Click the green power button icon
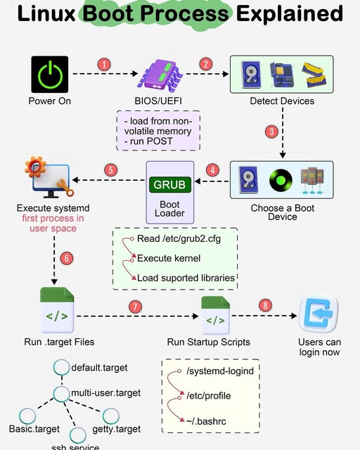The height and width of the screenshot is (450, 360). [50, 75]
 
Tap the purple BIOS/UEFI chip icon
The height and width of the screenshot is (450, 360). [160, 76]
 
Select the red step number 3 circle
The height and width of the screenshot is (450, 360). [271, 131]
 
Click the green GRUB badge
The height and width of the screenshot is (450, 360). [170, 185]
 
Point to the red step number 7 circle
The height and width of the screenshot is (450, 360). [135, 307]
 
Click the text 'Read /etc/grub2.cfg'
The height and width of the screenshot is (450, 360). [179, 239]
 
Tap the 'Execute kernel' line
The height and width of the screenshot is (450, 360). [169, 258]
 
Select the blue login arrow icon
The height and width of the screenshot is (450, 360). [319, 314]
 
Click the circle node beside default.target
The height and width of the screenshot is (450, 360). [61, 367]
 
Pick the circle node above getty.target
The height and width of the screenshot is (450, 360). [111, 416]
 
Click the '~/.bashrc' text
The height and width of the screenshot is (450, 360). [206, 421]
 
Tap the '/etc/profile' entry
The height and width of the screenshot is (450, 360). [209, 396]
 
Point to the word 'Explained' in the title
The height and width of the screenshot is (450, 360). [290, 13]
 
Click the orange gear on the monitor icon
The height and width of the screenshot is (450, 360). [35, 167]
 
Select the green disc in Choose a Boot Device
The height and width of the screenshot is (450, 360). [281, 180]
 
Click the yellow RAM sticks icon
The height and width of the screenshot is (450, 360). [314, 75]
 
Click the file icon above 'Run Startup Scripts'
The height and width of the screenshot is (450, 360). [215, 316]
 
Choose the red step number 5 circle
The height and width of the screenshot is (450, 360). [111, 170]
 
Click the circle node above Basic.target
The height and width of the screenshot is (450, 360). [27, 416]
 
